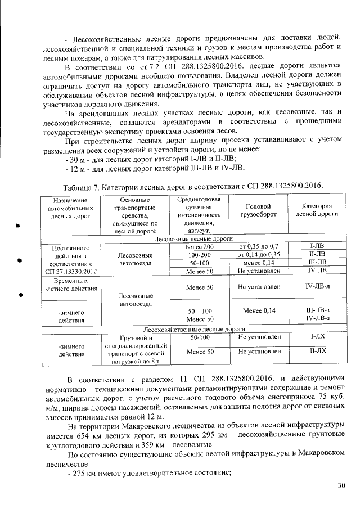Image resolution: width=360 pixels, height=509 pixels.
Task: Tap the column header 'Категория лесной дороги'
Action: coord(317,210)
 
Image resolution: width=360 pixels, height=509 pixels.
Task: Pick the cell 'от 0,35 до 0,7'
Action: coord(259,247)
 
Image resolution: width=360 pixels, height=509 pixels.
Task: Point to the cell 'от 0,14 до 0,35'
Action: coord(259,255)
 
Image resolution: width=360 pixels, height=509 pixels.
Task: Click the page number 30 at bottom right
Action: coord(341,485)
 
